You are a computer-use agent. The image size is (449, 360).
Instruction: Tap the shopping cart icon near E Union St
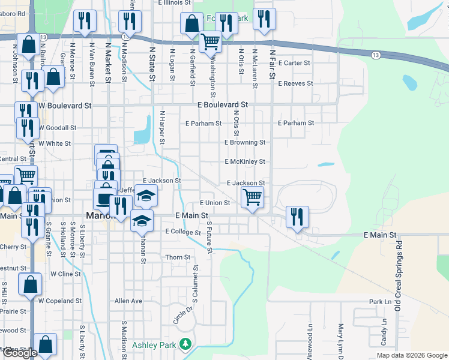click(252, 197)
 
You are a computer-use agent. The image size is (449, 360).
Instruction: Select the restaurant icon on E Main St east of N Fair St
click(297, 217)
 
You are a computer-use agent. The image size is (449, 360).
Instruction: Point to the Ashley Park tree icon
click(186, 344)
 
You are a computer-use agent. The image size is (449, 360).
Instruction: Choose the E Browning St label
click(245, 143)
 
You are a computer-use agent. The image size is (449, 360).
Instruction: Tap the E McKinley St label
click(245, 162)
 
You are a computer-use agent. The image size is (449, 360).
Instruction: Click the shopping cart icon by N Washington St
click(210, 41)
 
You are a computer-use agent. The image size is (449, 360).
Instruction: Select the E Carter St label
click(294, 63)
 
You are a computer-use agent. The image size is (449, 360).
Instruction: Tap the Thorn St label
click(178, 257)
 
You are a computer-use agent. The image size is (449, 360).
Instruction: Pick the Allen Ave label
click(128, 301)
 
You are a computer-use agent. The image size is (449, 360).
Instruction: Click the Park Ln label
click(380, 302)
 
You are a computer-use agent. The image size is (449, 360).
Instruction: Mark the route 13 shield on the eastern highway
click(375, 55)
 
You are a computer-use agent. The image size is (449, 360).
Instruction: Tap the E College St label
click(183, 232)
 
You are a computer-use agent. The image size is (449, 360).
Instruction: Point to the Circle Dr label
click(183, 316)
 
